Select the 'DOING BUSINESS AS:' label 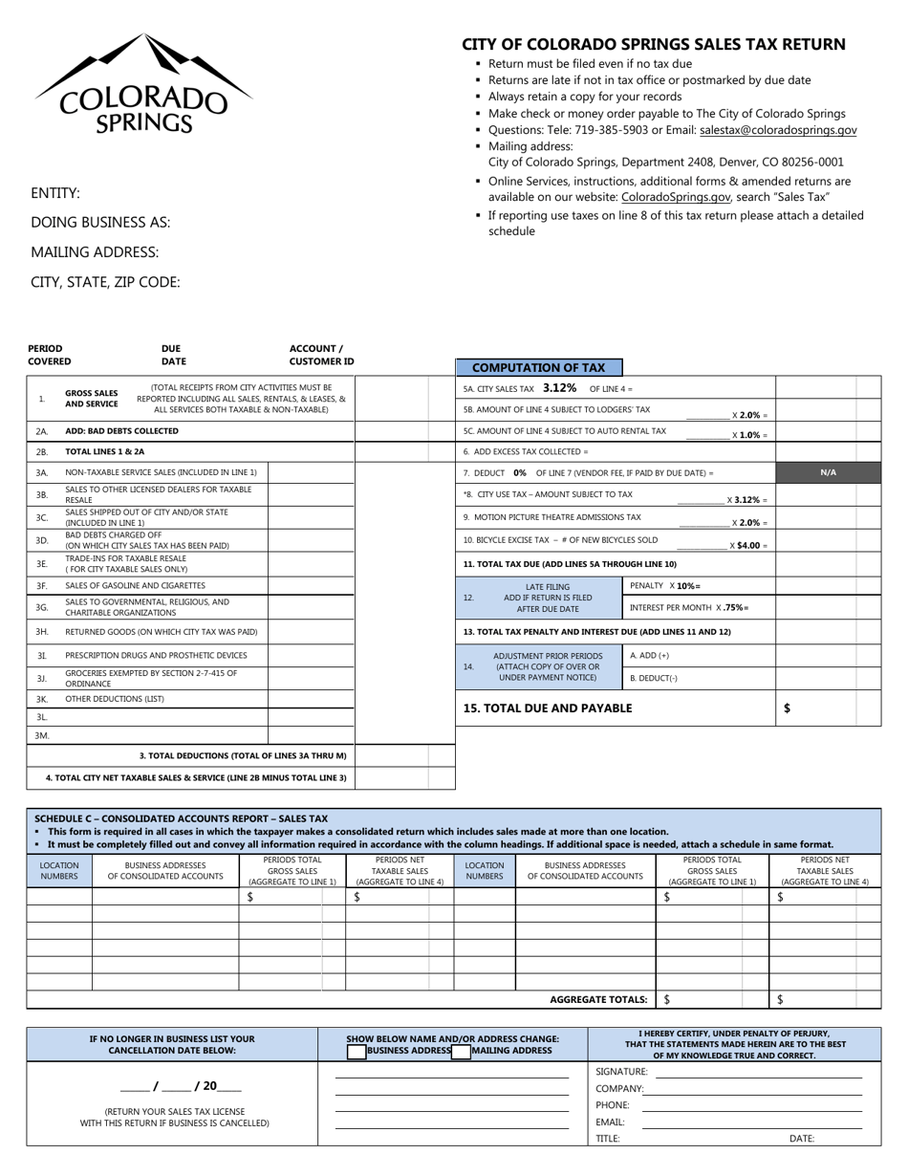pos(100,223)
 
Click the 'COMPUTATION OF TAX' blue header pos(538,367)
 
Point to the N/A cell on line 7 pos(828,472)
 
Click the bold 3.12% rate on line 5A pos(559,388)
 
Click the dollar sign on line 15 pos(787,708)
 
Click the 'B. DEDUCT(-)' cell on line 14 pos(649,678)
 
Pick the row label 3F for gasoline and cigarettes pos(42,585)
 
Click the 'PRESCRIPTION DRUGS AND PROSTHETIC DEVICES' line pos(156,655)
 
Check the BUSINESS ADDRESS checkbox pos(357,1051)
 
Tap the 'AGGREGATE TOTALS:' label pos(598,999)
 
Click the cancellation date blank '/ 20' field pos(182,1086)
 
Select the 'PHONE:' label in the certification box pos(613,1105)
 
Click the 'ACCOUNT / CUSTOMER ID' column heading pos(321,355)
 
